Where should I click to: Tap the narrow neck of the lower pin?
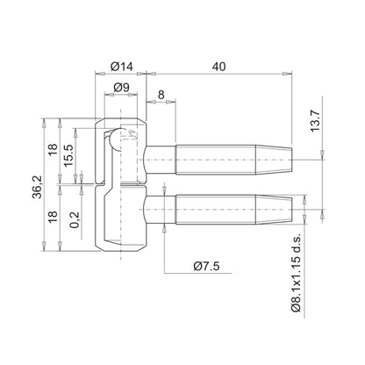163,212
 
